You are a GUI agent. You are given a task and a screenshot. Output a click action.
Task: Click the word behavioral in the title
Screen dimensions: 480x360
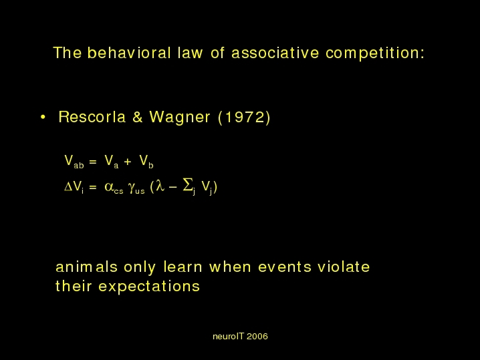(x=129, y=53)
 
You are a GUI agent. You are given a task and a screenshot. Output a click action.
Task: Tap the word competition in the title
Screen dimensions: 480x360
(x=375, y=53)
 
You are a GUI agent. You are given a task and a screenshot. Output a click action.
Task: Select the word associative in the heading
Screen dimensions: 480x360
(x=275, y=53)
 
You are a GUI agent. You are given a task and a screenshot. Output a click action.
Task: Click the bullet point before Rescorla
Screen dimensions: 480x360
(x=43, y=117)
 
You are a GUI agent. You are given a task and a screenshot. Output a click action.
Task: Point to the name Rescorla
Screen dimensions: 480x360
(x=92, y=117)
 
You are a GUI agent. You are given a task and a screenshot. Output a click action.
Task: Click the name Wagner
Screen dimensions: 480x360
(x=180, y=117)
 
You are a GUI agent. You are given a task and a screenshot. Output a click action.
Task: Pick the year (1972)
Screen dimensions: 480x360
(x=244, y=117)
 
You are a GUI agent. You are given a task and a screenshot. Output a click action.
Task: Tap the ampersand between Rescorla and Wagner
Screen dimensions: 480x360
(x=138, y=117)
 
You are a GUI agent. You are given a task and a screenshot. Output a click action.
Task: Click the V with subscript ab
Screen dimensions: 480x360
(x=74, y=161)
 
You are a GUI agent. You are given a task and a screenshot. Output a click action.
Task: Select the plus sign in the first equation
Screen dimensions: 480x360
(x=128, y=162)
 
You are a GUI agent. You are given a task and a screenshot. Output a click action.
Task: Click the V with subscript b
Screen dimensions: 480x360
(x=146, y=161)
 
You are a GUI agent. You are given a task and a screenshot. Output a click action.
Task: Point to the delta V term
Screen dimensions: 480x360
(x=74, y=186)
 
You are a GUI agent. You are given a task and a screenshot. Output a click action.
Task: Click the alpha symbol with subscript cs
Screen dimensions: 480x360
(x=114, y=187)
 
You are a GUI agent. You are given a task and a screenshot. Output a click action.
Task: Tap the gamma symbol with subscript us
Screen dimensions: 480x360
(x=136, y=187)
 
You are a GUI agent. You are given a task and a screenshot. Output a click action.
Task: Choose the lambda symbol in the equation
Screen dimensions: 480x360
(x=160, y=186)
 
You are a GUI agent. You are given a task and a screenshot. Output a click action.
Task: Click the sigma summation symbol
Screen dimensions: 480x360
(x=188, y=185)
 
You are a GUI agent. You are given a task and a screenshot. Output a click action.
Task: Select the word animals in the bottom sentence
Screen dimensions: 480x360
(x=87, y=266)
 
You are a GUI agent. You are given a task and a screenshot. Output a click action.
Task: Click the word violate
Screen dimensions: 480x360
(x=344, y=266)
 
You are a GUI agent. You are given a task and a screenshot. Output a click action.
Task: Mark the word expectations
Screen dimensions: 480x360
(x=149, y=287)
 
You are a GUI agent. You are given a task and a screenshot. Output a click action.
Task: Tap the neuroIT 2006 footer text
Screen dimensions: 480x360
(x=240, y=337)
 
